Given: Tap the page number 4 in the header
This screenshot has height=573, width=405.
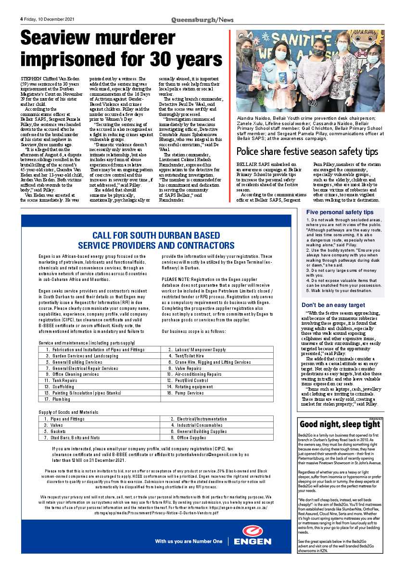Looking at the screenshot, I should (x=22, y=19).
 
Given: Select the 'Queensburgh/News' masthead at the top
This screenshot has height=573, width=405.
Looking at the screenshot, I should (x=202, y=19).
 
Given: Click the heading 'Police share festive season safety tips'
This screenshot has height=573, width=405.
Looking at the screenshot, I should (x=307, y=152).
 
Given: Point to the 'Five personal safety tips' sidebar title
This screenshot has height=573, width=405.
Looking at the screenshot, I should (x=340, y=212).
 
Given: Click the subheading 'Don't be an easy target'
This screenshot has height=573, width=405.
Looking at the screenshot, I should (x=333, y=305).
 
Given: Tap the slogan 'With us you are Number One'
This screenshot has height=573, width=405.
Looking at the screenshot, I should (x=189, y=541).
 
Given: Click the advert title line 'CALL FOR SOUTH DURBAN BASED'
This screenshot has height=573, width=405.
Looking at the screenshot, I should (x=156, y=235).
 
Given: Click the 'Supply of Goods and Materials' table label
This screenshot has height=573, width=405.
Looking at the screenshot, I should (x=68, y=412).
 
